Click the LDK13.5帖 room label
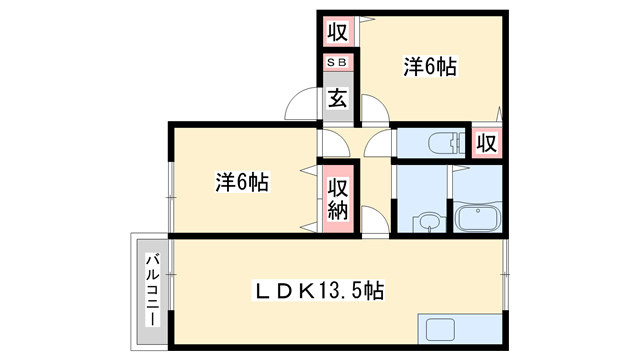(319, 291)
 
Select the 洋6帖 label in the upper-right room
(430, 67)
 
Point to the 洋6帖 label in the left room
(242, 183)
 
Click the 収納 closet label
(338, 198)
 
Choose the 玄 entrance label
(337, 100)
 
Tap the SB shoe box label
(337, 63)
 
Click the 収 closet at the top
(337, 31)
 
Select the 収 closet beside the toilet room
(487, 142)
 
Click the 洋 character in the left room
(225, 183)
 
